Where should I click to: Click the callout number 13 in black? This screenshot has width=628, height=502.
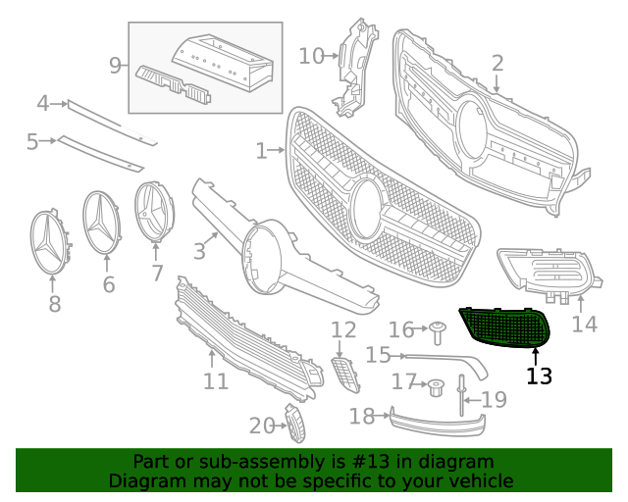pos(539,376)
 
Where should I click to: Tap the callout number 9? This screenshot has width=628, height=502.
pos(115,66)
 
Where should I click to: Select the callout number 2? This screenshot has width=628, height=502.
pos(497,64)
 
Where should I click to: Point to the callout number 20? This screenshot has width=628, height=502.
pos(261,425)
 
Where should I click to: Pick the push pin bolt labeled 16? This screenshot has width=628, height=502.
pos(436,331)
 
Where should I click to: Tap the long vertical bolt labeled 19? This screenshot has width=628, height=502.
pos(460,396)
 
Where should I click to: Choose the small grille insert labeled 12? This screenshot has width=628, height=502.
pos(344,374)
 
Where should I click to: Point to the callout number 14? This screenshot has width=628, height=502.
pos(584,324)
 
